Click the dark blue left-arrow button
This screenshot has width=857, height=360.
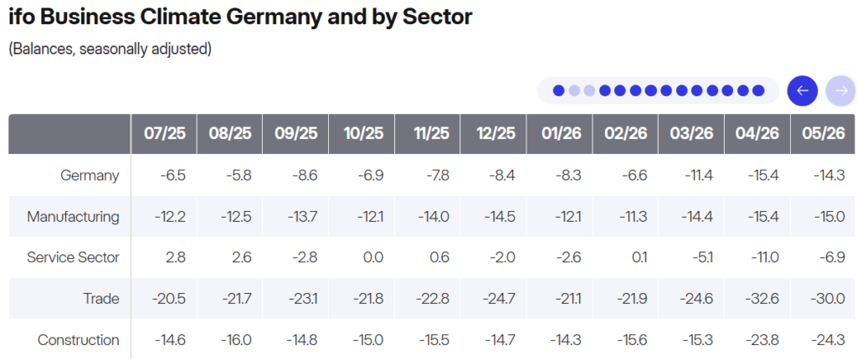tap(803, 90)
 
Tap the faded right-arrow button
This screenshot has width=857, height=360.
tap(841, 90)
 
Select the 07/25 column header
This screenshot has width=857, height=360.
tap(164, 134)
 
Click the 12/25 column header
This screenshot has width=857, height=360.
tap(494, 134)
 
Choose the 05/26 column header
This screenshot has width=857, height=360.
tap(824, 134)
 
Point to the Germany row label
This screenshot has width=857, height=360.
tap(90, 176)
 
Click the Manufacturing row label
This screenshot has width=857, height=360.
tap(74, 217)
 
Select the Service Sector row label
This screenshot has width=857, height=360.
tap(74, 258)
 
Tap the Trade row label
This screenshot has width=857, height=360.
tap(101, 299)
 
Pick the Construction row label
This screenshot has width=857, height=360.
tap(78, 340)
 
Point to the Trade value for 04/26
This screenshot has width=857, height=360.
tap(762, 299)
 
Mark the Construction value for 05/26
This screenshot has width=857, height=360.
tap(829, 340)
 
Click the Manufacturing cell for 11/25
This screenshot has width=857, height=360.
tap(434, 217)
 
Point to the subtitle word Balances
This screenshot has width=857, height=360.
tap(43, 49)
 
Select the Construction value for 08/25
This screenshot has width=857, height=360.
tap(235, 340)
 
